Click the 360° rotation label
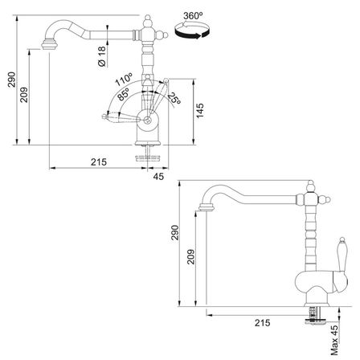193,16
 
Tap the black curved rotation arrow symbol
192,31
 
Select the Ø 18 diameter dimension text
102,56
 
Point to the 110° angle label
124,79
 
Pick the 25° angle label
174,98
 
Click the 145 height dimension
199,110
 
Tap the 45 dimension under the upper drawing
158,177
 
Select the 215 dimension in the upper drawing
99,162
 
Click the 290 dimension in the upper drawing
12,80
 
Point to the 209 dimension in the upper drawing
24,95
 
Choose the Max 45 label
334,340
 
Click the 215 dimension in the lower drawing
262,323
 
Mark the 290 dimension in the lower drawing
174,232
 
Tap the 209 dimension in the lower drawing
190,257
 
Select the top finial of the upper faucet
148,21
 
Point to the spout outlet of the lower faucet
207,207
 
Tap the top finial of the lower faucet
310,186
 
